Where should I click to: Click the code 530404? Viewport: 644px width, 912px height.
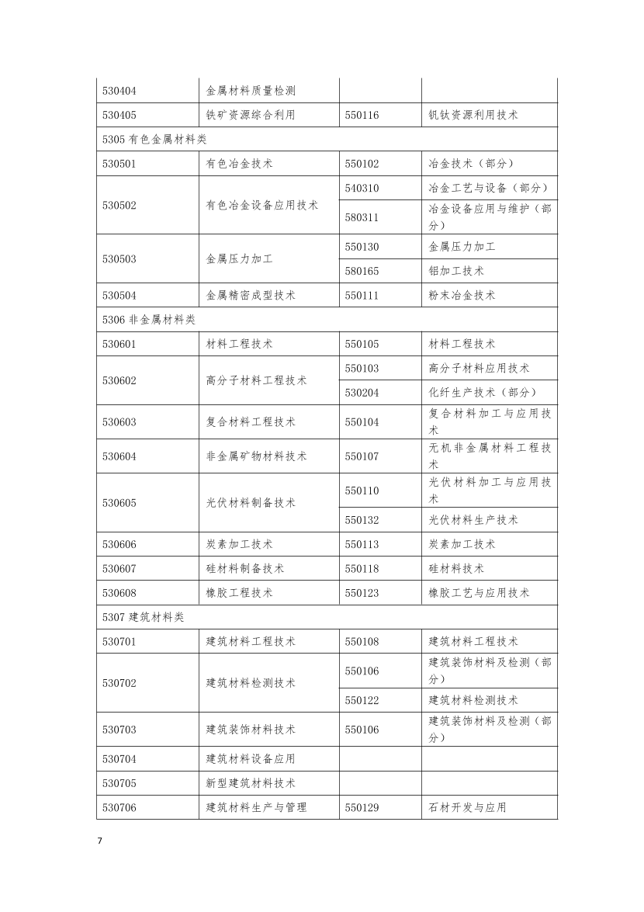(119, 91)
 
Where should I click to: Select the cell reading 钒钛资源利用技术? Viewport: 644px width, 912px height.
(473, 115)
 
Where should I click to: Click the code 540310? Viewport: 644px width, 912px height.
(362, 188)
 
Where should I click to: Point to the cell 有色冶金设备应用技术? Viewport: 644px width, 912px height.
(261, 205)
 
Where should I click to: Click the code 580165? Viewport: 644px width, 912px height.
(362, 271)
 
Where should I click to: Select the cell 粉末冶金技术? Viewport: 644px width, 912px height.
(462, 295)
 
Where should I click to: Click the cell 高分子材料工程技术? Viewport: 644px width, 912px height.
(256, 380)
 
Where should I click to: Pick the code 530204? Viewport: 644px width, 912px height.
(362, 393)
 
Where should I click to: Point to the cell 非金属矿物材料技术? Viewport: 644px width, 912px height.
(256, 456)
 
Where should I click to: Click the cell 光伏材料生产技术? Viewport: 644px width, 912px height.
(473, 520)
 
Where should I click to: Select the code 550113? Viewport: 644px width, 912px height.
(362, 544)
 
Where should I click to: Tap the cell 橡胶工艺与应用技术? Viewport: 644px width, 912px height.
(479, 593)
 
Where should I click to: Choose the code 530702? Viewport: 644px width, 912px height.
(119, 683)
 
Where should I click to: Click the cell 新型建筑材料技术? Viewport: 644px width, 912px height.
(251, 783)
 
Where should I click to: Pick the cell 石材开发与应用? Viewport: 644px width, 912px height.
(467, 807)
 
